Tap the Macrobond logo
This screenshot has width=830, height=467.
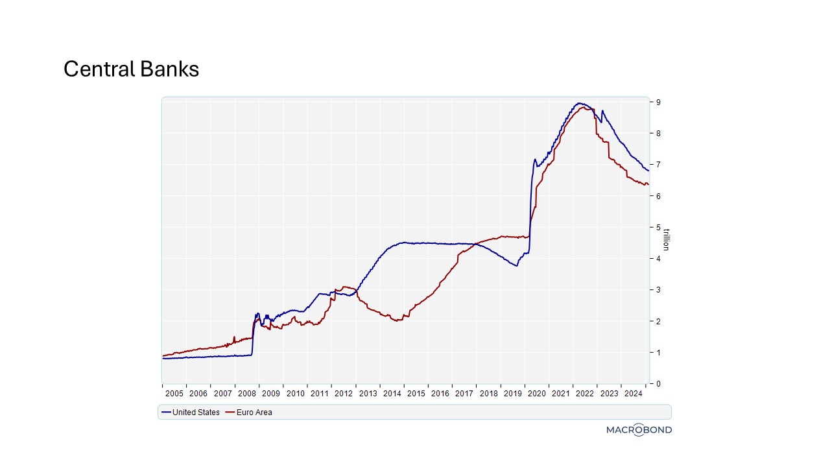point(639,429)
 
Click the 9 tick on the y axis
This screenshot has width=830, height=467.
point(658,102)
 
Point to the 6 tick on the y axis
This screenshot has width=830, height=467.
point(658,196)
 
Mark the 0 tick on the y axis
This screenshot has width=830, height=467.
point(658,383)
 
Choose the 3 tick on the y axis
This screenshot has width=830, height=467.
point(658,290)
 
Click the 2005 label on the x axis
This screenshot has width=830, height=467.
point(174,393)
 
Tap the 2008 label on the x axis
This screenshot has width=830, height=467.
point(246,393)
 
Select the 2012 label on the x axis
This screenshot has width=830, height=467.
point(343,393)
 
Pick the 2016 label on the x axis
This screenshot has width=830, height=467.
point(440,393)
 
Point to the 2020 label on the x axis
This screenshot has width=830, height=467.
point(536,393)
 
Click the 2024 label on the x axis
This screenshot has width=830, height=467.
point(633,393)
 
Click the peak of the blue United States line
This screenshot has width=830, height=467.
point(580,103)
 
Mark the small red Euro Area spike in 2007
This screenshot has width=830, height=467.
point(234,337)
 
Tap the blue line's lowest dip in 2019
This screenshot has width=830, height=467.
point(517,266)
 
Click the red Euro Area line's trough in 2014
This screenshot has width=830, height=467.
point(397,321)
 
